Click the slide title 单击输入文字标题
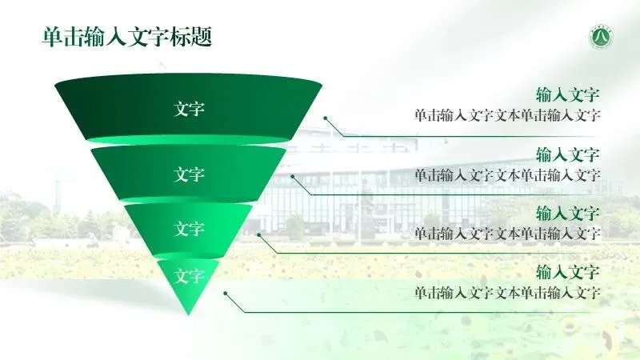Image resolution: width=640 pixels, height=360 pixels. (x=127, y=37)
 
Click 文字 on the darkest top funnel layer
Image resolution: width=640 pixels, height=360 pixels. (x=190, y=108)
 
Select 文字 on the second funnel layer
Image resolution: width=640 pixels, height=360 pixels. (x=190, y=174)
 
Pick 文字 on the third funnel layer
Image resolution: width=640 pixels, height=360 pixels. (x=190, y=229)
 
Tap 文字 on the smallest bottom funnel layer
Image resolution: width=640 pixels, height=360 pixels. (x=190, y=276)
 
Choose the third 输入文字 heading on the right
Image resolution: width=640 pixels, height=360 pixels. (x=568, y=214)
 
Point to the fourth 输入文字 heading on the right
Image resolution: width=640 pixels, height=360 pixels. (x=568, y=271)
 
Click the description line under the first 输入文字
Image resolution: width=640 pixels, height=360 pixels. (x=507, y=115)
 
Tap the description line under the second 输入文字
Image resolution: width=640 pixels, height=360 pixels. (x=507, y=174)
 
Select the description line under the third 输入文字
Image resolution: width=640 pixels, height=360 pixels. (x=507, y=234)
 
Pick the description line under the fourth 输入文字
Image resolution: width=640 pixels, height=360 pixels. (x=507, y=292)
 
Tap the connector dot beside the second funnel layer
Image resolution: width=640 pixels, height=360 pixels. (x=293, y=176)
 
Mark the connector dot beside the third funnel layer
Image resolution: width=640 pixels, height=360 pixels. (x=259, y=235)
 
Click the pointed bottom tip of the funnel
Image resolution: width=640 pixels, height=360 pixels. (x=189, y=314)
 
